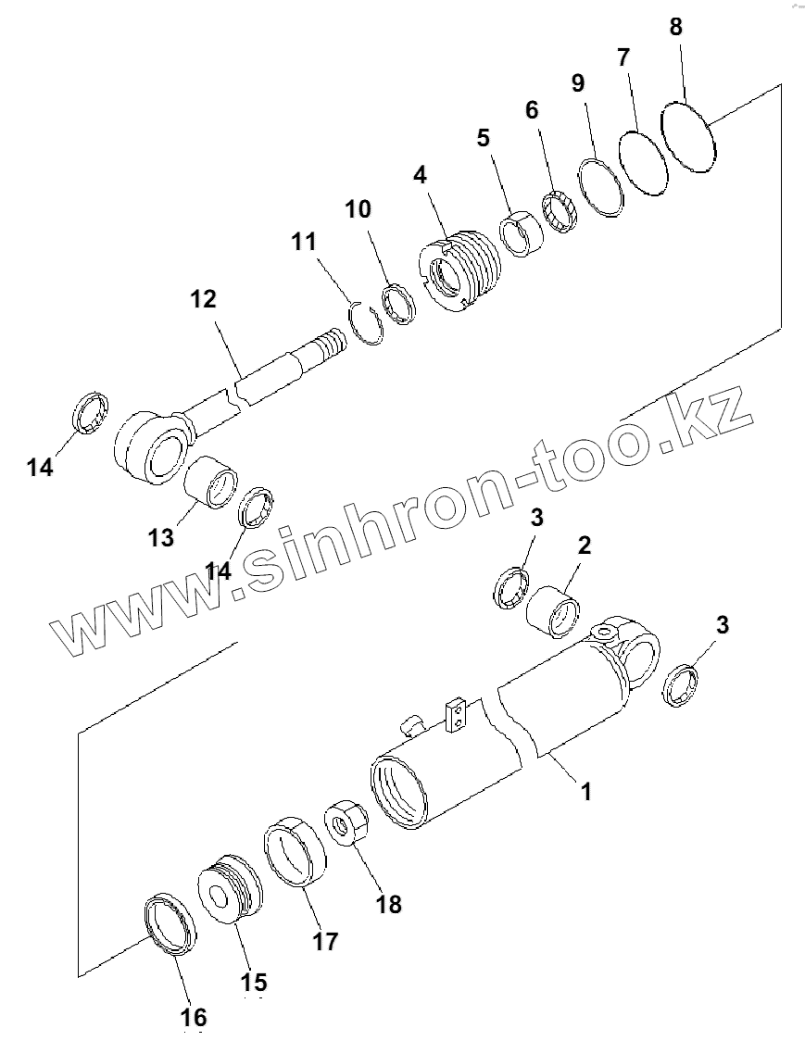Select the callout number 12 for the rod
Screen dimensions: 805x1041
(203, 299)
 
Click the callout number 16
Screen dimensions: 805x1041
(194, 1016)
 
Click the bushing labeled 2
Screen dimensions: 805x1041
(554, 610)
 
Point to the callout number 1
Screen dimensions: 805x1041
(585, 791)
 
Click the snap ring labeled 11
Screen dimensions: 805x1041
(368, 324)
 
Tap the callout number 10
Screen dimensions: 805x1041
(358, 208)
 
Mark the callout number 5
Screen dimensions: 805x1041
(483, 139)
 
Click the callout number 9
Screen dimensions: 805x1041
(577, 83)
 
